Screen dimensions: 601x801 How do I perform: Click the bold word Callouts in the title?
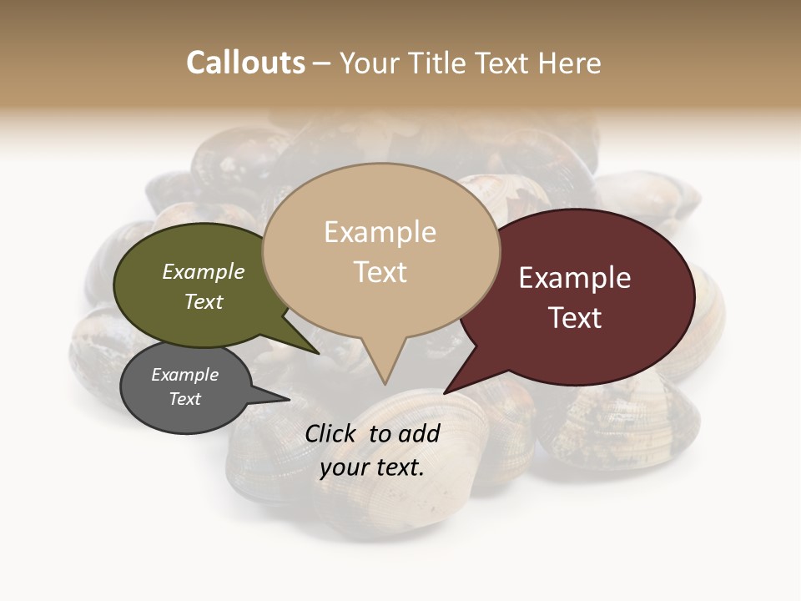[245, 63]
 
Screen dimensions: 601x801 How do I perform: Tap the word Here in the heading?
[569, 63]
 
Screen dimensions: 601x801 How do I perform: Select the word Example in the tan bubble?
[380, 232]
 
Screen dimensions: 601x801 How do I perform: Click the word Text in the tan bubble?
[380, 272]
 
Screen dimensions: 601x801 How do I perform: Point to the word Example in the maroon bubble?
[575, 278]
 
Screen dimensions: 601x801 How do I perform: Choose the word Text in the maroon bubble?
[575, 318]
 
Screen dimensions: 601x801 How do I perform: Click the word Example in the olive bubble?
[204, 271]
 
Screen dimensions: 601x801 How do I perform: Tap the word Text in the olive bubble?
[204, 301]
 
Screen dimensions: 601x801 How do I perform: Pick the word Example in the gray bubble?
[184, 375]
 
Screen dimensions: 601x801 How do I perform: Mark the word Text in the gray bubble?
[184, 399]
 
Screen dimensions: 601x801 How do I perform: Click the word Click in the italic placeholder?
[332, 433]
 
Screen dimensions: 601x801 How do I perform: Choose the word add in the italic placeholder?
[419, 433]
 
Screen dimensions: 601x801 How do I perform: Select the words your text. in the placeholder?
[372, 467]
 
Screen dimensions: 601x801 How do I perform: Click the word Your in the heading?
[369, 63]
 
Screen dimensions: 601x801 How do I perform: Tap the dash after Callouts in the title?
[322, 63]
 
